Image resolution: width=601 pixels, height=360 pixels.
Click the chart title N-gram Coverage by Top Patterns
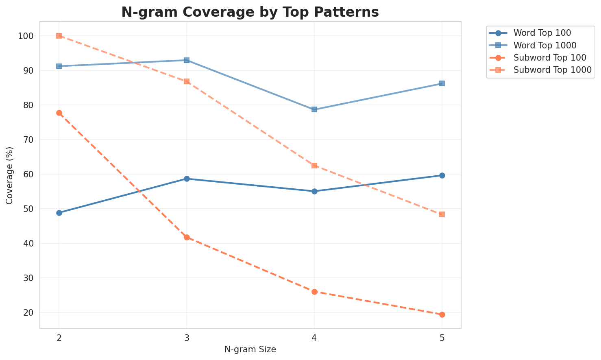pyautogui.click(x=250, y=12)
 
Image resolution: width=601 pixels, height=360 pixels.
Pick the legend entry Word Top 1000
pyautogui.click(x=545, y=45)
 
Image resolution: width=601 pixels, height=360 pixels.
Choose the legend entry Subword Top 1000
pyautogui.click(x=552, y=70)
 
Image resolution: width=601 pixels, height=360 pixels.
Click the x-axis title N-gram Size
pyautogui.click(x=250, y=349)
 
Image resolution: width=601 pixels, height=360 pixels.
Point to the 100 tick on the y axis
pyautogui.click(x=27, y=36)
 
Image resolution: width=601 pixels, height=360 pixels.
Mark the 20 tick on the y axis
pyautogui.click(x=29, y=313)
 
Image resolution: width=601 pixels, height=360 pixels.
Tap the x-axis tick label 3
pyautogui.click(x=187, y=338)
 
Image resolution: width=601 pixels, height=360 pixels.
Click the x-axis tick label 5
pyautogui.click(x=442, y=338)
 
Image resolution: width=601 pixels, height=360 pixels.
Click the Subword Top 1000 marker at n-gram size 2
pyautogui.click(x=59, y=36)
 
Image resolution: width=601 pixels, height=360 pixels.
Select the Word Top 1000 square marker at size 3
pyautogui.click(x=187, y=60)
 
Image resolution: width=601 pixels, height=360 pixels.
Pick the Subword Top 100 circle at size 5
pyautogui.click(x=442, y=314)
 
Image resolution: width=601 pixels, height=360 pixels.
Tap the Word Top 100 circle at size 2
pyautogui.click(x=59, y=213)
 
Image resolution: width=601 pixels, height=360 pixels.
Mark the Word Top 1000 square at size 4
pyautogui.click(x=314, y=109)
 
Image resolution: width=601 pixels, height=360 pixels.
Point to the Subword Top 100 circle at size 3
pyautogui.click(x=187, y=237)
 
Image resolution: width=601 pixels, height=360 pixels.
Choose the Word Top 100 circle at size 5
pyautogui.click(x=442, y=175)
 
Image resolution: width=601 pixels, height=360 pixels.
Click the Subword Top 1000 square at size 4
pyautogui.click(x=314, y=166)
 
